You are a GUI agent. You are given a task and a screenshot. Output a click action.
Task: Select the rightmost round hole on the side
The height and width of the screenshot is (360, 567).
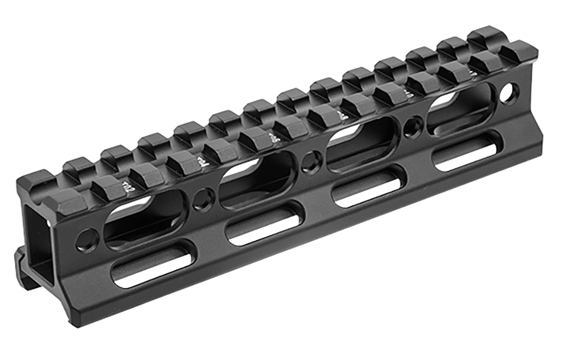coord(509,93)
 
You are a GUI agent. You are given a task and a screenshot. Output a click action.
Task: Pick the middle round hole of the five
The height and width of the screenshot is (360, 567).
coord(311,161)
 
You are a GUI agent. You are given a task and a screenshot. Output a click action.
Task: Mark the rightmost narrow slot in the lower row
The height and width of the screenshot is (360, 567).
coord(465,151)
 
